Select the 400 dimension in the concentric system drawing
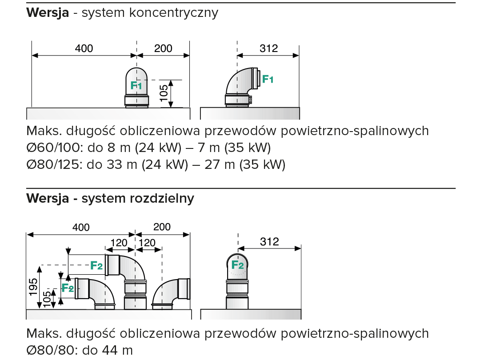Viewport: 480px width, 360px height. (84, 48)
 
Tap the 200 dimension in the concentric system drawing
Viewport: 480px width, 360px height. (163, 48)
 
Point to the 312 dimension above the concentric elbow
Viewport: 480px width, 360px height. (268, 48)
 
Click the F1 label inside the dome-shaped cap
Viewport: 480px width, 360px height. (136, 85)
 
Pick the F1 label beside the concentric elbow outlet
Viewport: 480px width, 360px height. (268, 80)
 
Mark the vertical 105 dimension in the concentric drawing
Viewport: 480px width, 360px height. (164, 94)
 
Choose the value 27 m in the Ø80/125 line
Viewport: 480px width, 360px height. (220, 164)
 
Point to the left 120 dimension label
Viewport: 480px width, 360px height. (119, 243)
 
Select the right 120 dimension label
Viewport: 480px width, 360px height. (147, 243)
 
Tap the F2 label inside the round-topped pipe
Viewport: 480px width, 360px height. (238, 266)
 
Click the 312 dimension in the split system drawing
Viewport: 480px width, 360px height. (269, 242)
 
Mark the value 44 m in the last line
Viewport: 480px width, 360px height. (117, 350)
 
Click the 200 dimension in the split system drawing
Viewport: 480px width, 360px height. (162, 227)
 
